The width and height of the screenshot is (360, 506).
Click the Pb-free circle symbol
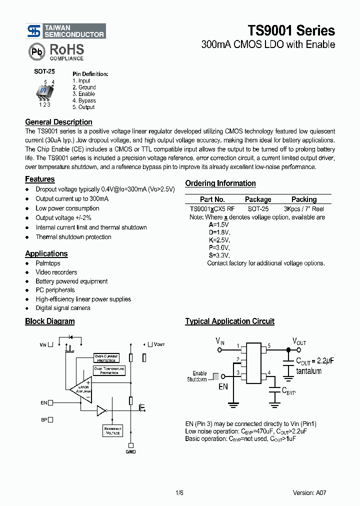(x=36, y=52)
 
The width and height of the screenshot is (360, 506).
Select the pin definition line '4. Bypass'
(x=84, y=100)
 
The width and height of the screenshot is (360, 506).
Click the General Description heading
(x=58, y=122)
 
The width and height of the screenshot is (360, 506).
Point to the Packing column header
(x=303, y=199)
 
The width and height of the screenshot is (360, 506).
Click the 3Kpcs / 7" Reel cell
(x=303, y=208)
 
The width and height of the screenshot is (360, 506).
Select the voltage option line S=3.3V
(x=219, y=255)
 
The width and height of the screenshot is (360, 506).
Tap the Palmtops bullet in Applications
(x=48, y=263)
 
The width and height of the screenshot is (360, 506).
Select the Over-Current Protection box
(x=106, y=358)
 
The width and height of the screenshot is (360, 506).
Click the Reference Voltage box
(x=112, y=430)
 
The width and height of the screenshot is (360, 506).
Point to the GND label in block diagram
(x=130, y=451)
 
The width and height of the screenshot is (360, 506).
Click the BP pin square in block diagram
(x=50, y=420)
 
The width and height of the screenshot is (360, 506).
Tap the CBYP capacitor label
(x=289, y=392)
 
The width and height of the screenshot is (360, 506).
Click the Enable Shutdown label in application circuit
(x=199, y=376)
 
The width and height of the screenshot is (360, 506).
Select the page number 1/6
(x=179, y=492)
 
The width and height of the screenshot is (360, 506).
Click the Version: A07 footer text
(x=310, y=492)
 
